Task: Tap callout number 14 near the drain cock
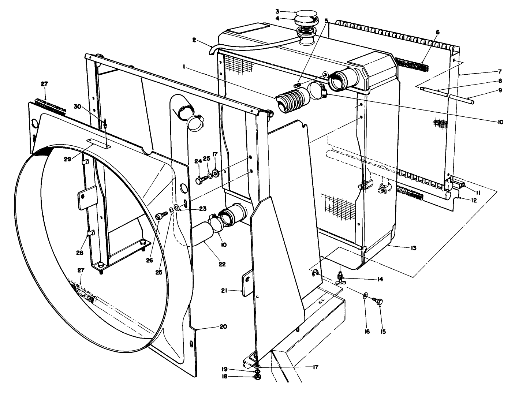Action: [x=380, y=279]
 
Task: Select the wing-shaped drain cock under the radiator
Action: [x=341, y=281]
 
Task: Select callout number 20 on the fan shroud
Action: [x=223, y=326]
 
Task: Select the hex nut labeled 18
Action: [x=257, y=377]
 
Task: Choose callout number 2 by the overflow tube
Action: [x=194, y=40]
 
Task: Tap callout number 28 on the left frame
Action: [x=80, y=253]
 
